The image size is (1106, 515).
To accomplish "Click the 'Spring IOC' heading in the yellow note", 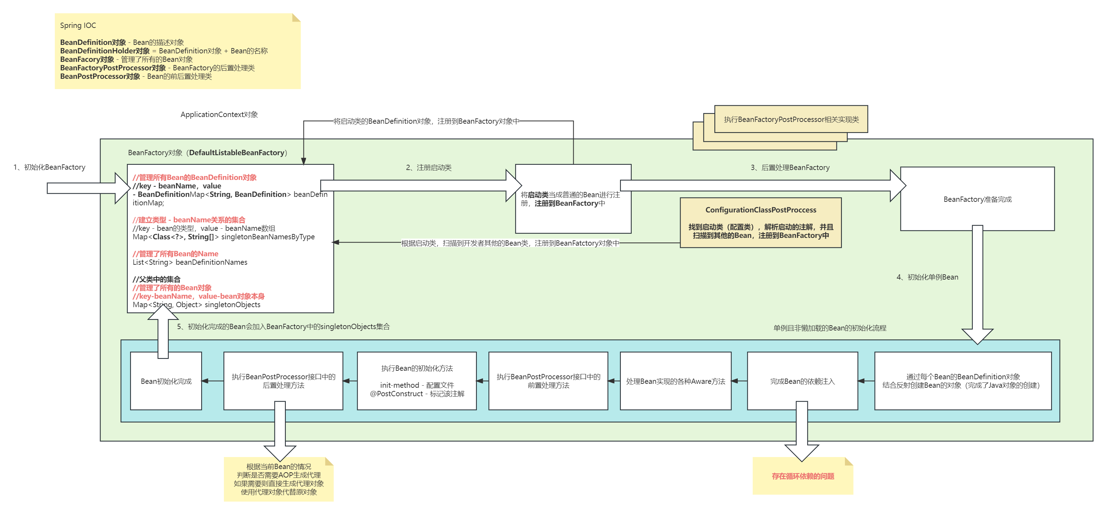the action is (x=78, y=25).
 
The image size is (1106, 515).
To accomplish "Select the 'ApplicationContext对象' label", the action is (x=219, y=115).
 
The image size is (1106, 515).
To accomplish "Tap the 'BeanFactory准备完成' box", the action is (x=977, y=199).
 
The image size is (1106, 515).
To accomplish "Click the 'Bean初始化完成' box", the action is (x=166, y=381).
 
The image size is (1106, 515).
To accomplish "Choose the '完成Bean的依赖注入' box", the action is (x=803, y=381).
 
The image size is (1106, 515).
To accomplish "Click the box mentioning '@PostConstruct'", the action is (x=417, y=381).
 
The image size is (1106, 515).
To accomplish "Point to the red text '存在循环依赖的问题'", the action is (x=803, y=476).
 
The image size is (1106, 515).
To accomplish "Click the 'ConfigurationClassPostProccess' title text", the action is (x=761, y=210).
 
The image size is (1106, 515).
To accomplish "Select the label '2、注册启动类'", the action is (x=428, y=168).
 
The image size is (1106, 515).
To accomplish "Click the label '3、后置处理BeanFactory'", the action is (x=790, y=168).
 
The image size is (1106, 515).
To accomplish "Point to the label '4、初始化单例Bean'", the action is (x=927, y=277).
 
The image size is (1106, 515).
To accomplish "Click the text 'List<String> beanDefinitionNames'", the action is (x=190, y=262).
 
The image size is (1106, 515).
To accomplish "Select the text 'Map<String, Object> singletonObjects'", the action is (x=196, y=305).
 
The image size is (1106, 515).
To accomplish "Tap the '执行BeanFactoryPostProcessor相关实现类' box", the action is (x=791, y=119).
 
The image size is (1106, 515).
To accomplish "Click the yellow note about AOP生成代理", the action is (x=279, y=479).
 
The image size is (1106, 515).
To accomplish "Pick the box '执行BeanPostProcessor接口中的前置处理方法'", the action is (x=548, y=381).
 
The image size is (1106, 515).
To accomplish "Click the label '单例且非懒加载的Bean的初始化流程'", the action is (x=830, y=328).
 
